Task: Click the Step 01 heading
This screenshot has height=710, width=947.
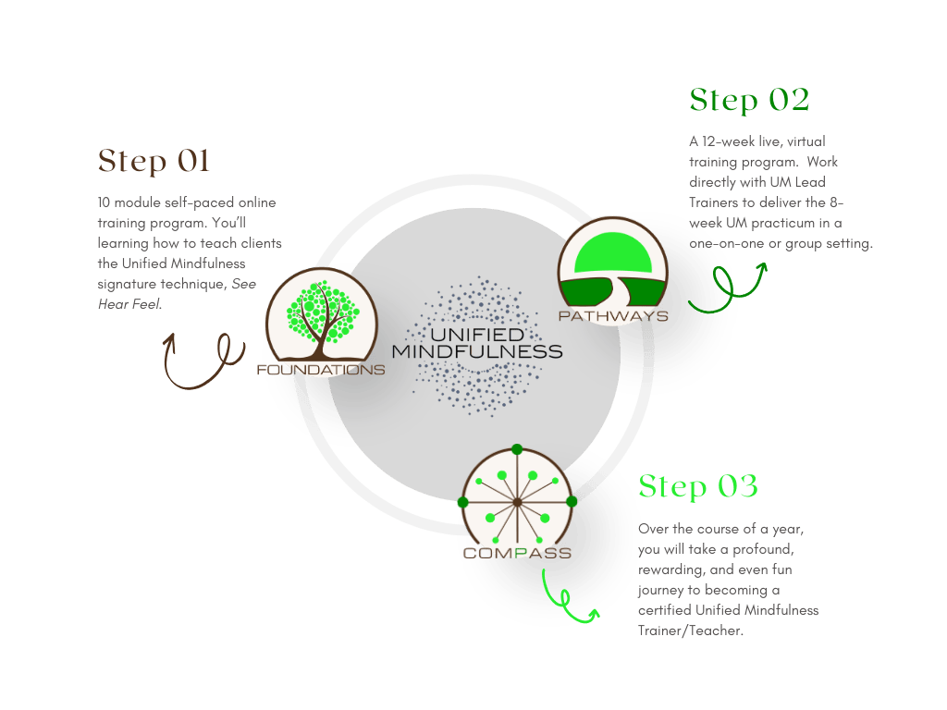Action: pos(154,162)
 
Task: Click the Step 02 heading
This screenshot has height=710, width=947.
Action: pos(749,100)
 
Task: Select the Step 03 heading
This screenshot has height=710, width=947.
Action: pos(698,486)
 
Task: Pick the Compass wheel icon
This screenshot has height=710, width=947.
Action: pos(516,500)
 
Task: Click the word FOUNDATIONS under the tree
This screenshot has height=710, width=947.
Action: pos(321,370)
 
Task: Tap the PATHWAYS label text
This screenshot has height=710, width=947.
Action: pos(613,316)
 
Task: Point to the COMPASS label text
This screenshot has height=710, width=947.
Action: pos(516,554)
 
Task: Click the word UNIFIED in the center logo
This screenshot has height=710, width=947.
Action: pos(476,334)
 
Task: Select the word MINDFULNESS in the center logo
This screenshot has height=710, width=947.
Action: pos(476,351)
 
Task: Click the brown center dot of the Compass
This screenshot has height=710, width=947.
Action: pos(516,502)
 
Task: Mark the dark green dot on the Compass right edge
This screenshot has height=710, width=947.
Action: pos(572,501)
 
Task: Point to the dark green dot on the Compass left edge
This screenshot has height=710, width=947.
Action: pos(462,501)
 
